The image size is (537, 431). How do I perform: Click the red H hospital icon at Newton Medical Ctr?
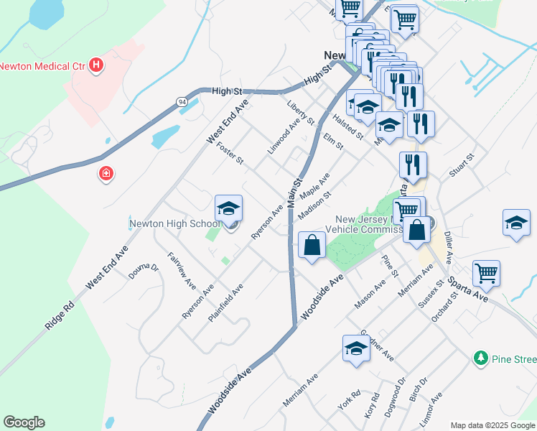96,67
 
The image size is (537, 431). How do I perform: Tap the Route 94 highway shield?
182,103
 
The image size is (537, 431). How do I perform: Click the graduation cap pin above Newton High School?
229,209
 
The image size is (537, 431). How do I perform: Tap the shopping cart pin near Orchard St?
486,273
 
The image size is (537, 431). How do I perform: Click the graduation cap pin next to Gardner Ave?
356,349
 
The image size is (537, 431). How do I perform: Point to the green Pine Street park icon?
480,357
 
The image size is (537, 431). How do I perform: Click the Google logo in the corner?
24,422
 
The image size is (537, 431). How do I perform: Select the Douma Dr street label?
143,271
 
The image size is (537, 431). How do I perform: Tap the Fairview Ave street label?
182,269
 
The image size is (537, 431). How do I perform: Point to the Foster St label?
230,155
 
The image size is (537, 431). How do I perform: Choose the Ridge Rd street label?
59,315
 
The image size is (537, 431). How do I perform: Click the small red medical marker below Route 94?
106,174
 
